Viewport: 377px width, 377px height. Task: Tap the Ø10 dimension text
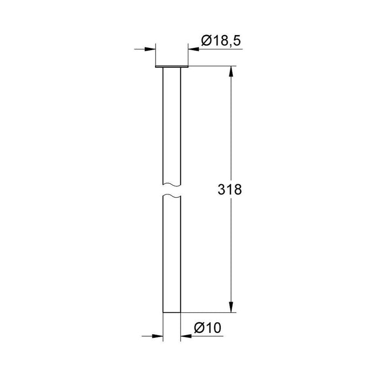pos(207,327)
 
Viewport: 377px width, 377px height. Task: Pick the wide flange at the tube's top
pos(171,67)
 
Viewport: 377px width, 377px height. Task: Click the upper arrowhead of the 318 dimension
pos(232,71)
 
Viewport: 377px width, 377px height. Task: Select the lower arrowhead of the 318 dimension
pos(232,309)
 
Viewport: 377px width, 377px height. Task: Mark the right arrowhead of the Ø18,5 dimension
pos(193,49)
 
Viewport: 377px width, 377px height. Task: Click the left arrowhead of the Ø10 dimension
pos(158,336)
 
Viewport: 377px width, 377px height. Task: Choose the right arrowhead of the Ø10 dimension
pos(185,336)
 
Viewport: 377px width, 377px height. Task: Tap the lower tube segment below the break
pos(171,253)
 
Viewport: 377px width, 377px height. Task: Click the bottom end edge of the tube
pos(171,313)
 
